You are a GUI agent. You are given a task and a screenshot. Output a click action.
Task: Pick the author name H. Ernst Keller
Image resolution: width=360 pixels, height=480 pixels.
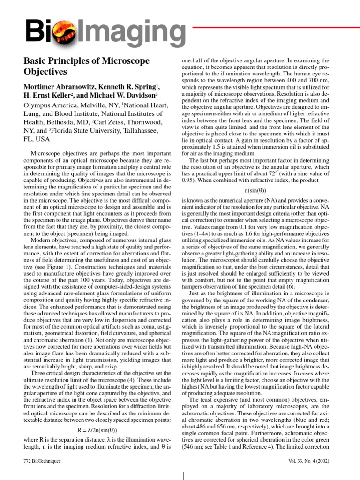[48, 96]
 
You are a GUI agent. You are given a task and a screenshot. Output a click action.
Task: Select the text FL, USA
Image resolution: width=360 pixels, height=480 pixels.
[36, 139]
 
